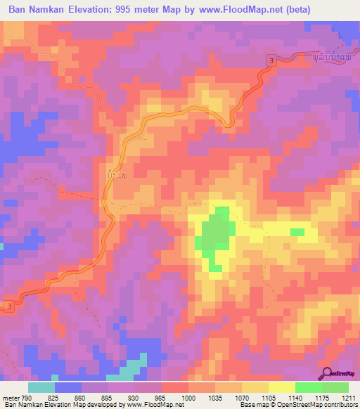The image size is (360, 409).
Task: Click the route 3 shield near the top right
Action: (271, 63)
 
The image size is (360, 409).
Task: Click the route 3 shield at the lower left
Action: (9, 306)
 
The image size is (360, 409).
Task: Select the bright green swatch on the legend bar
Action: (309, 387)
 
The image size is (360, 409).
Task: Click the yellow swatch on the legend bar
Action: (281, 387)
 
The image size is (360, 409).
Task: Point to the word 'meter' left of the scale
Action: (13, 398)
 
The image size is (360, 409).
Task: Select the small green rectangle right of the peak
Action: (297, 232)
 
